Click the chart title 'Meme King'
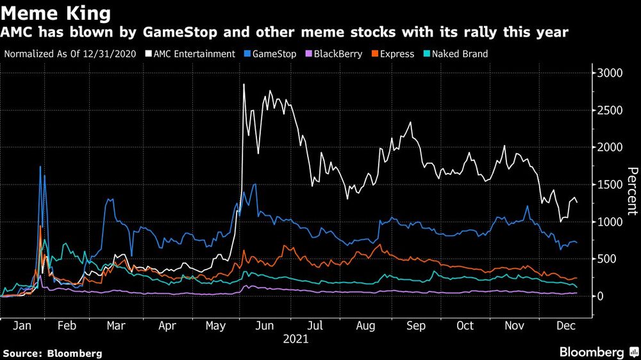click(x=56, y=12)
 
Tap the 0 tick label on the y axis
click(x=601, y=296)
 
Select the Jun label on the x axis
click(x=264, y=325)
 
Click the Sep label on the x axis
click(x=416, y=325)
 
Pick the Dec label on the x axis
click(x=565, y=325)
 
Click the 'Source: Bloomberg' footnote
click(x=53, y=353)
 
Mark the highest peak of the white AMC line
click(x=244, y=84)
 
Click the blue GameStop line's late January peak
click(x=40, y=167)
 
